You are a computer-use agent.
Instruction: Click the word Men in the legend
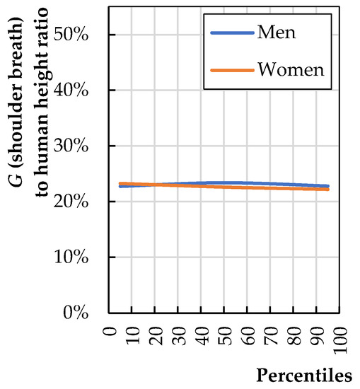[277, 33]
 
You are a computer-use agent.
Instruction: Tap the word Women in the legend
[291, 70]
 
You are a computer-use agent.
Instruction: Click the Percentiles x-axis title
[305, 374]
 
